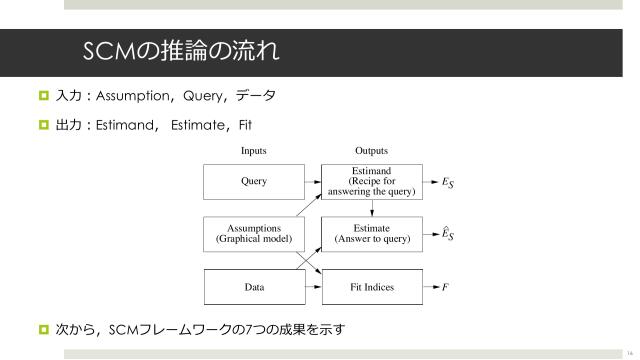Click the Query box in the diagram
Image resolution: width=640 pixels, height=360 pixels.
tap(253, 183)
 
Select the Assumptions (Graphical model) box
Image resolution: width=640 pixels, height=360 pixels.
tap(253, 234)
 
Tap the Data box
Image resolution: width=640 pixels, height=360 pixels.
tap(253, 287)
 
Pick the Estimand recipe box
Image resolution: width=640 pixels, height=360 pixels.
tap(371, 183)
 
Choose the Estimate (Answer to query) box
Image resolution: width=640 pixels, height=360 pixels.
tap(371, 234)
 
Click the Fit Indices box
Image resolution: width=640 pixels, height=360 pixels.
tap(371, 287)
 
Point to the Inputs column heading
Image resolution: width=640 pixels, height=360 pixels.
tap(253, 151)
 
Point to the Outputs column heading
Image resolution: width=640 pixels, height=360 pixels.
tap(371, 151)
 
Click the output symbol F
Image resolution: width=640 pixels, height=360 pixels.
tap(445, 287)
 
